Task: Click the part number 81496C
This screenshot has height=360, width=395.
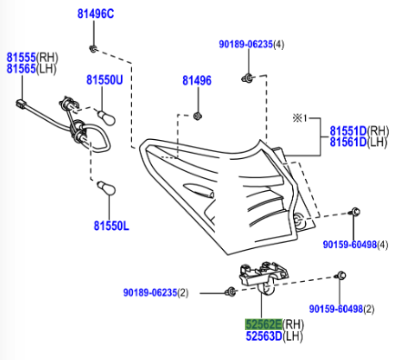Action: click(x=96, y=14)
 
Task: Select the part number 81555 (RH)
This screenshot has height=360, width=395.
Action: click(x=33, y=57)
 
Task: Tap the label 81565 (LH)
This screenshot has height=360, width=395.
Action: click(x=32, y=69)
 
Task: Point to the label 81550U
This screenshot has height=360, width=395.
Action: click(x=105, y=80)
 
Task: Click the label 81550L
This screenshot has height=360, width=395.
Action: click(x=111, y=225)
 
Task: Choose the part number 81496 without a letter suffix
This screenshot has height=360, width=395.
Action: click(x=197, y=81)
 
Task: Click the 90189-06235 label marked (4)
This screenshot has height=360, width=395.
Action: click(x=252, y=45)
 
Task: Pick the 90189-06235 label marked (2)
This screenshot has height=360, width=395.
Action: click(x=156, y=293)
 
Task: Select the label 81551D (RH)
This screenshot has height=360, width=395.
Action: click(x=360, y=131)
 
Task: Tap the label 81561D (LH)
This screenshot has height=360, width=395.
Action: click(x=359, y=142)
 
